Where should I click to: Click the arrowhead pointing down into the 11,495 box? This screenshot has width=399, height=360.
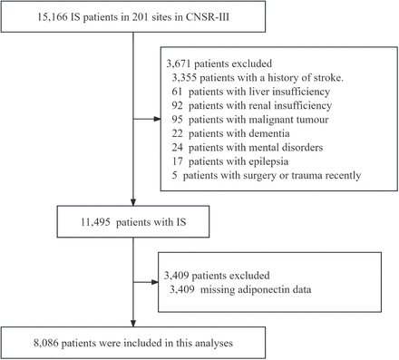point(134,206)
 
